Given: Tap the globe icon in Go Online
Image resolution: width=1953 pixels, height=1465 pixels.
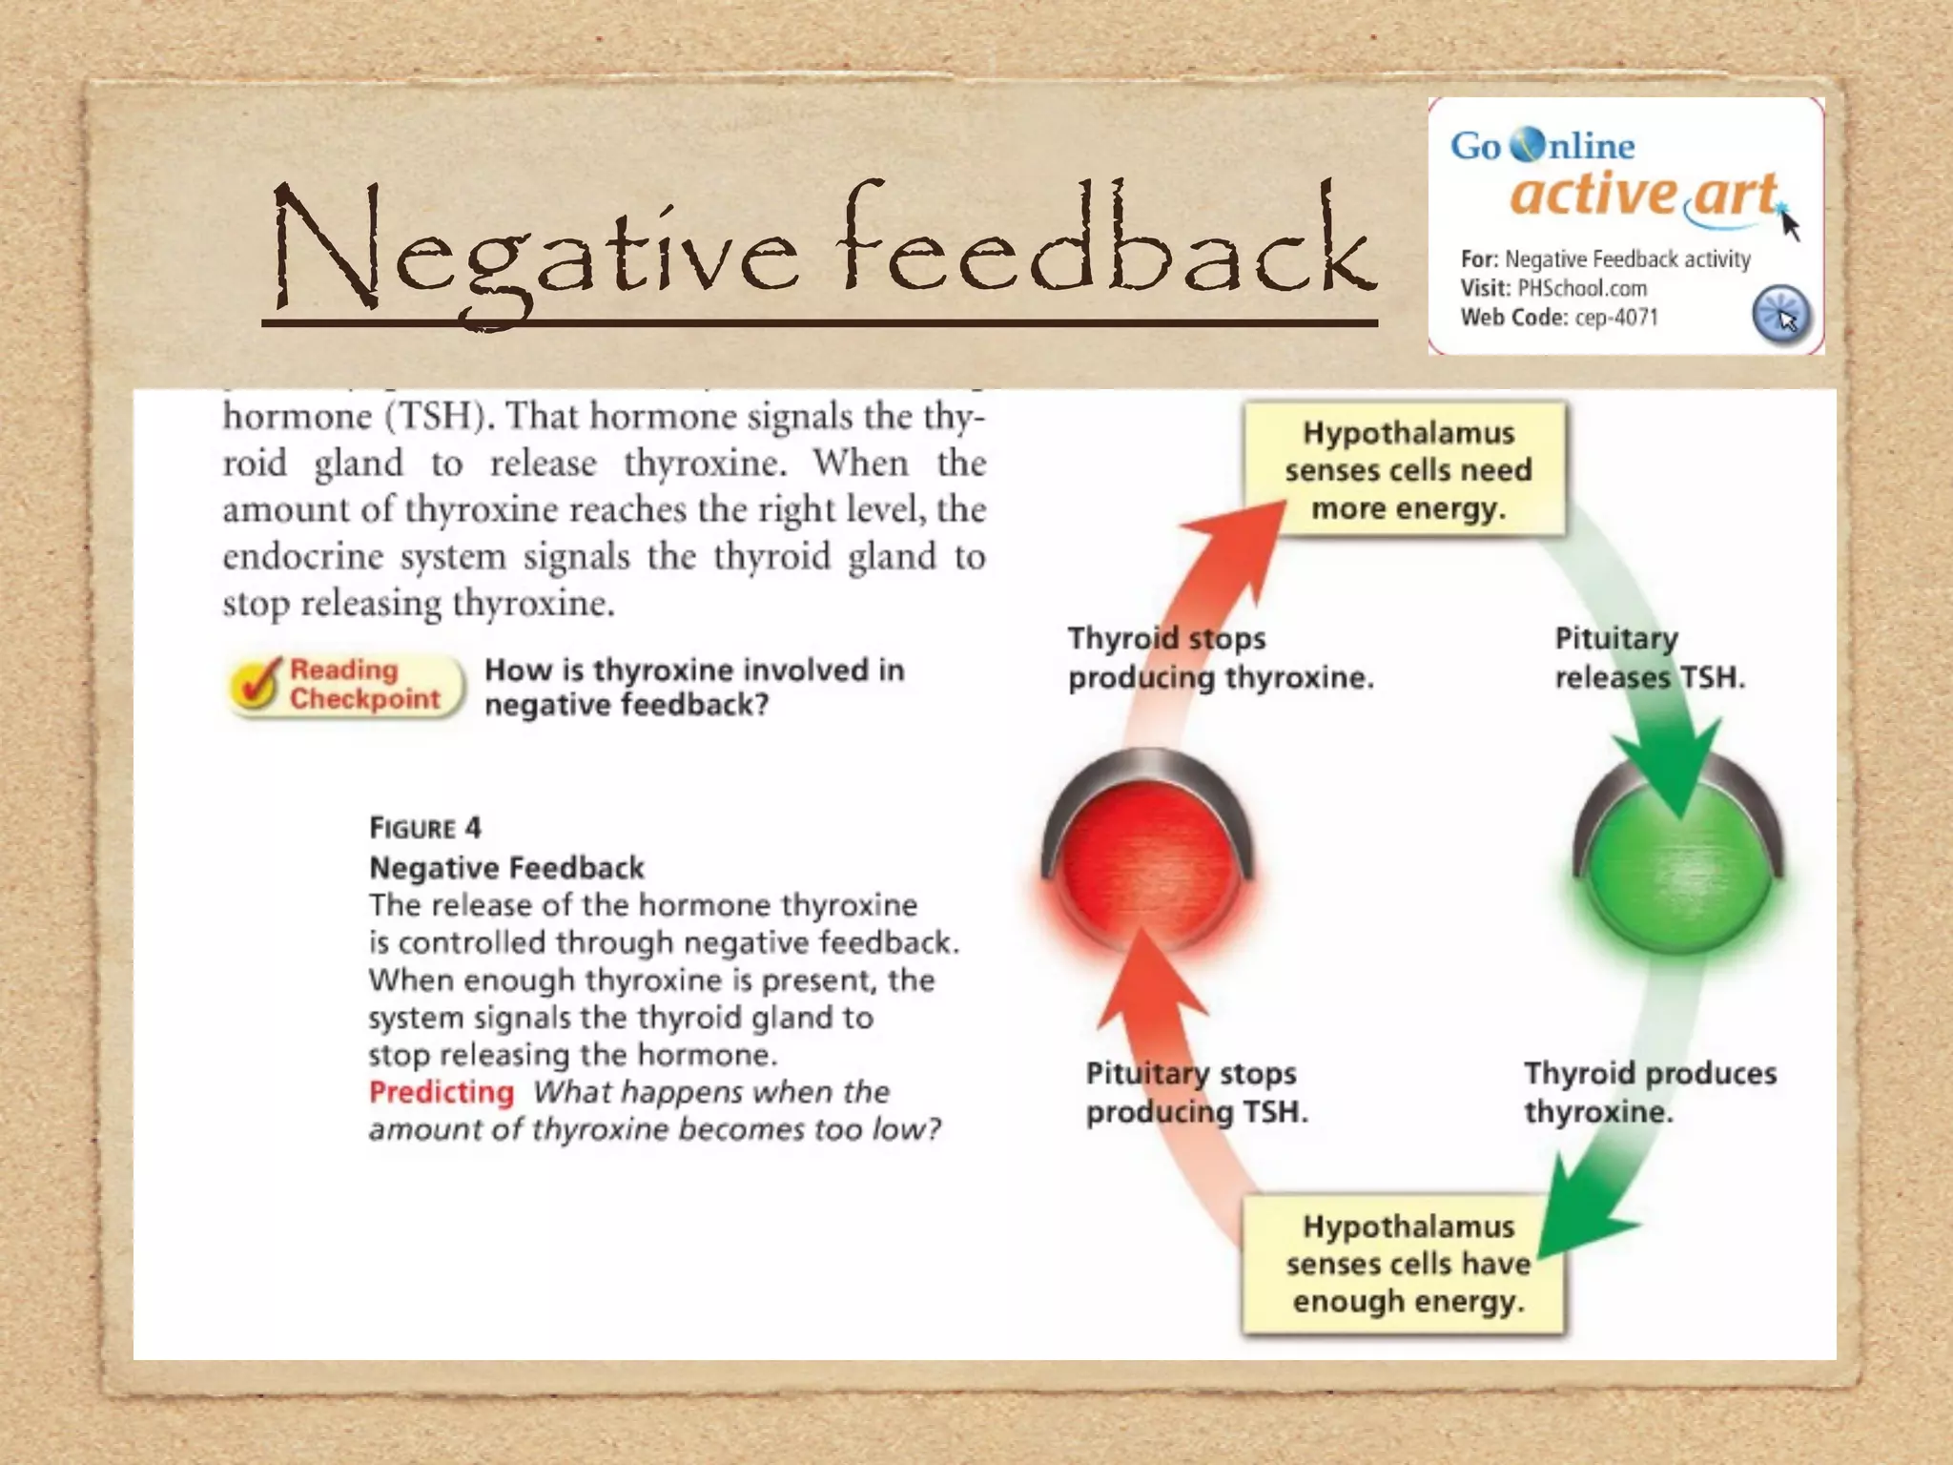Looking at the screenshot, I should pos(1527,145).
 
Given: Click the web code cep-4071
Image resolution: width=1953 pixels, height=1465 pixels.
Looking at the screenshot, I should pos(1616,318).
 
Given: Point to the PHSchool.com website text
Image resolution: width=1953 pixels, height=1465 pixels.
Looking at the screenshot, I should pos(1582,288).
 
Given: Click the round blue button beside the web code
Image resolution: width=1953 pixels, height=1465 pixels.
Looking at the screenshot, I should pos(1780,314).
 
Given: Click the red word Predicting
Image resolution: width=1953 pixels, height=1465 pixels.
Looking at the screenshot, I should pos(441,1092).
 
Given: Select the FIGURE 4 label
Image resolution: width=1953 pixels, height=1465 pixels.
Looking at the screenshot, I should pos(425,828).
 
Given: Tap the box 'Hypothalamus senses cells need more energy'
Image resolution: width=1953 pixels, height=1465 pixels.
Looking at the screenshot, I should pos(1408,470).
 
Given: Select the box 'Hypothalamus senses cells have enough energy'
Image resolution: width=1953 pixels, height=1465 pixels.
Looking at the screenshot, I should pos(1406,1264).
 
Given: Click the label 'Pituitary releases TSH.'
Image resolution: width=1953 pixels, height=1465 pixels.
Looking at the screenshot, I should pos(1649,658).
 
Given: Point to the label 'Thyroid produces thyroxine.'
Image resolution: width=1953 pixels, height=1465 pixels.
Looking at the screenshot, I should pos(1649,1092).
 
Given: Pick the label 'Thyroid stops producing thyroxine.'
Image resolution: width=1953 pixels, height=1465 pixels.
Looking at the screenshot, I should pos(1220,658).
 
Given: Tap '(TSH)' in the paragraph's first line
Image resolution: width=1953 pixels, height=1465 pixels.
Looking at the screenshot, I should pos(434,417).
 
